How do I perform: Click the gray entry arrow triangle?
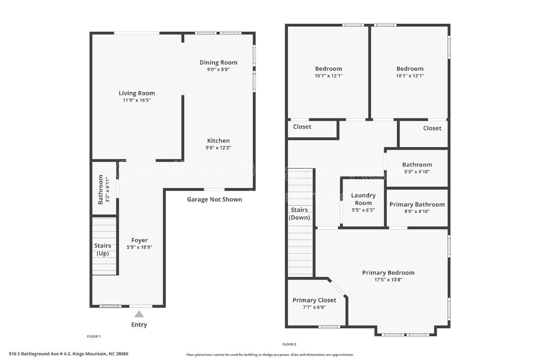click(139, 314)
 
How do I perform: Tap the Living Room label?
click(137, 93)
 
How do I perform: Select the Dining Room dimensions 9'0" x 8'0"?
click(218, 70)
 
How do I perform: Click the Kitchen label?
click(218, 141)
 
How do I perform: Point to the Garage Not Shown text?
click(214, 199)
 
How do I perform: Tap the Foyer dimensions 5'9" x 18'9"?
click(139, 247)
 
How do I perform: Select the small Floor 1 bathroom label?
click(101, 189)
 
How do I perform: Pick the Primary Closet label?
click(314, 300)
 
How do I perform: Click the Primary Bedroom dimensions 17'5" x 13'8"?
click(388, 279)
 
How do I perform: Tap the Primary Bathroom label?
click(417, 204)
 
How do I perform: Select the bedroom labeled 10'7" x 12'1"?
click(328, 72)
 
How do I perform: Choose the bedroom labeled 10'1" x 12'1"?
click(410, 72)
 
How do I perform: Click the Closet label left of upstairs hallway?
click(302, 127)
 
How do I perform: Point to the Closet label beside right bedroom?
click(432, 128)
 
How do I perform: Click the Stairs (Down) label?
click(299, 214)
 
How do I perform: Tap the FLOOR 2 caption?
click(289, 344)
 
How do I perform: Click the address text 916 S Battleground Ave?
click(69, 354)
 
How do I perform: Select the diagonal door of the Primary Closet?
click(337, 287)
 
